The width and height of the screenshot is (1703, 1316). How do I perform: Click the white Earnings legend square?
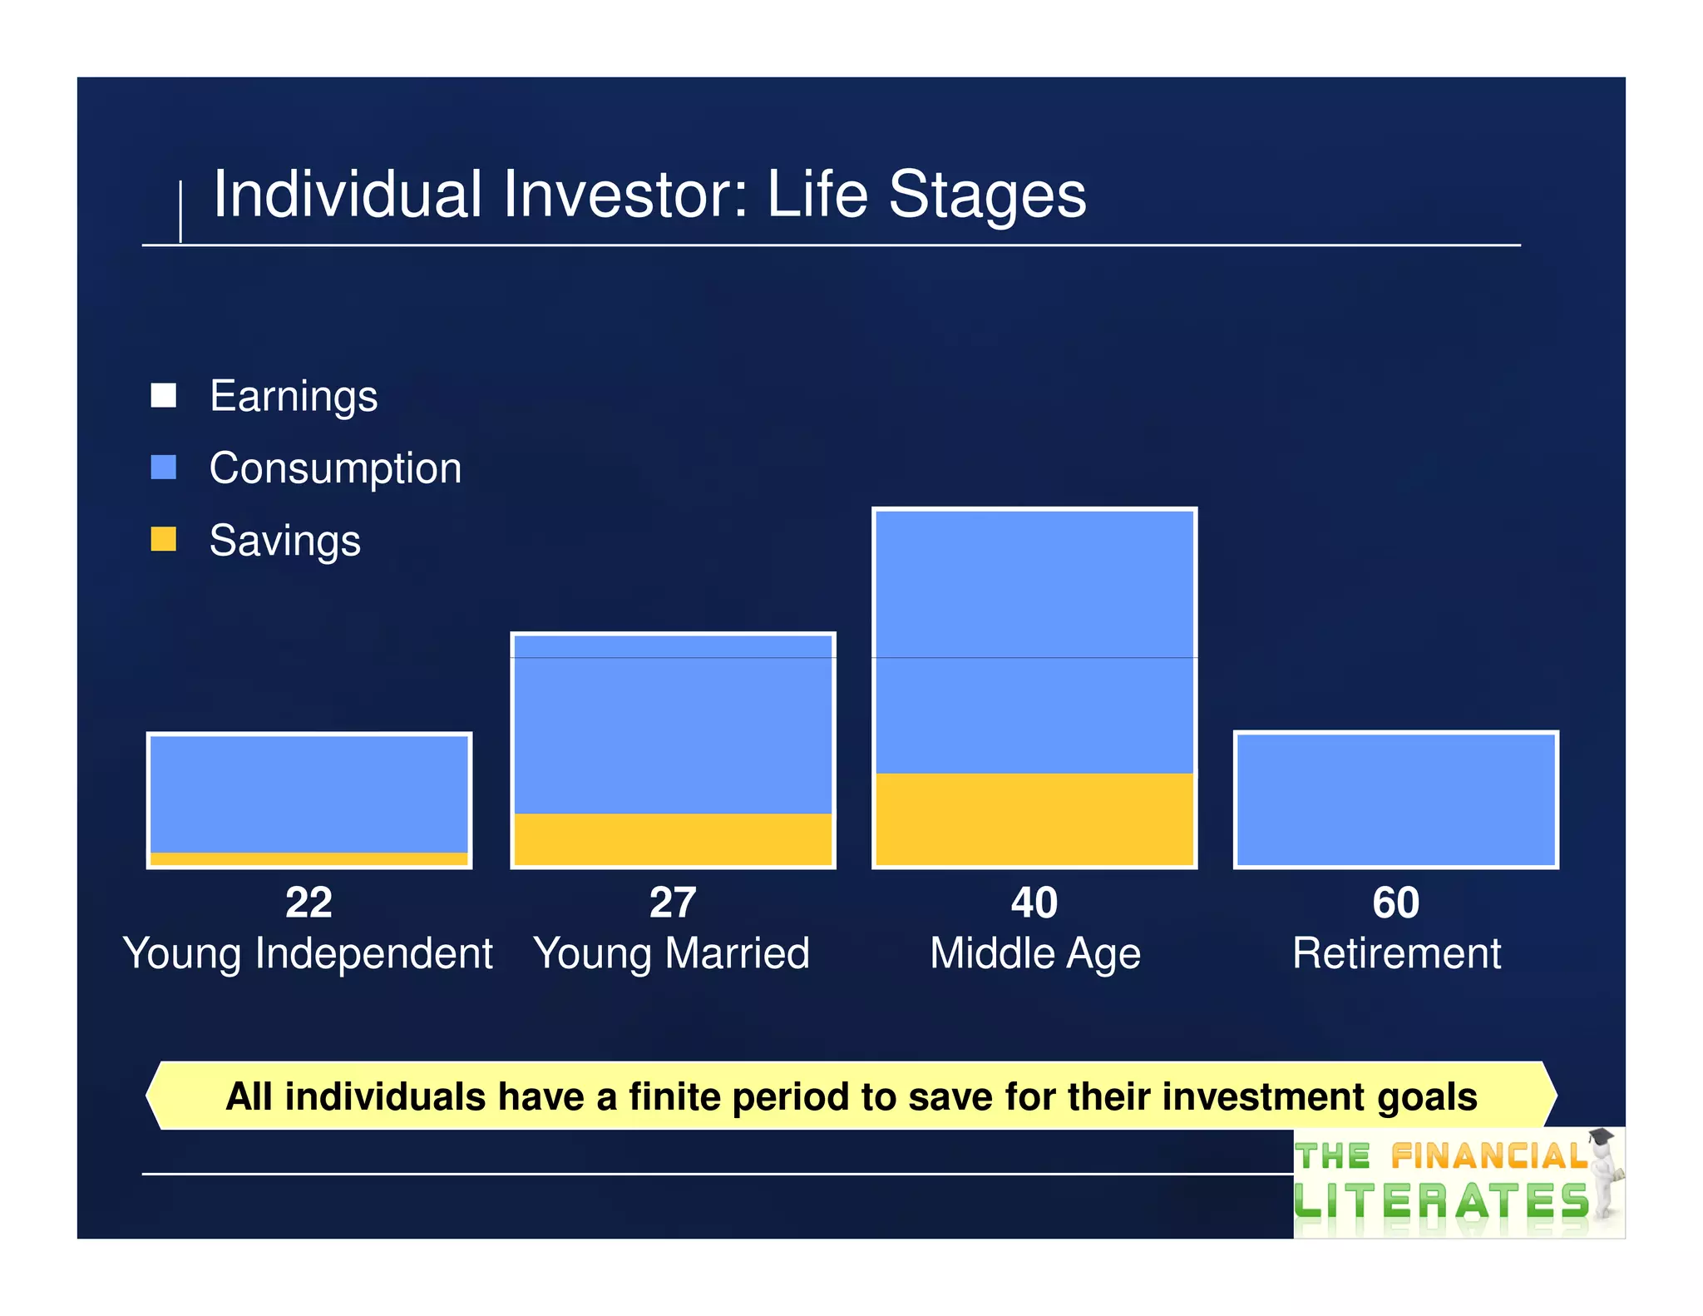163,395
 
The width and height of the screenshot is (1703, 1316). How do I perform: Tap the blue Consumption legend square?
163,467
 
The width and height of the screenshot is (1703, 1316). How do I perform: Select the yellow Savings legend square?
163,539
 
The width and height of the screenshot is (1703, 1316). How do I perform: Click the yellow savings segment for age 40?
1034,819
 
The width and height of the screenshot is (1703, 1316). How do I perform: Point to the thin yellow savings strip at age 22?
309,858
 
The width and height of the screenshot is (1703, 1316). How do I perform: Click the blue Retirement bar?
1396,800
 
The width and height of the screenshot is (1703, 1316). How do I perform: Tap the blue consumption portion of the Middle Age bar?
1034,641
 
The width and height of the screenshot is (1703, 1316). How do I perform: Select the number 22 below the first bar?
309,903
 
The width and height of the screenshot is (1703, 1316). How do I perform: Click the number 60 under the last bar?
1396,903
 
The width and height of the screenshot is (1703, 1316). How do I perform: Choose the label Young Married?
672,953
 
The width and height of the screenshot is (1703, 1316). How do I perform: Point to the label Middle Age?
1035,953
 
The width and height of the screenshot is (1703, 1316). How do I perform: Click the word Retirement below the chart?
1396,953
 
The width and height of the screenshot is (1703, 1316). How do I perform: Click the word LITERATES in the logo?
1442,1202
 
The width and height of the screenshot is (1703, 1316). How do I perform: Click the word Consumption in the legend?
335,468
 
